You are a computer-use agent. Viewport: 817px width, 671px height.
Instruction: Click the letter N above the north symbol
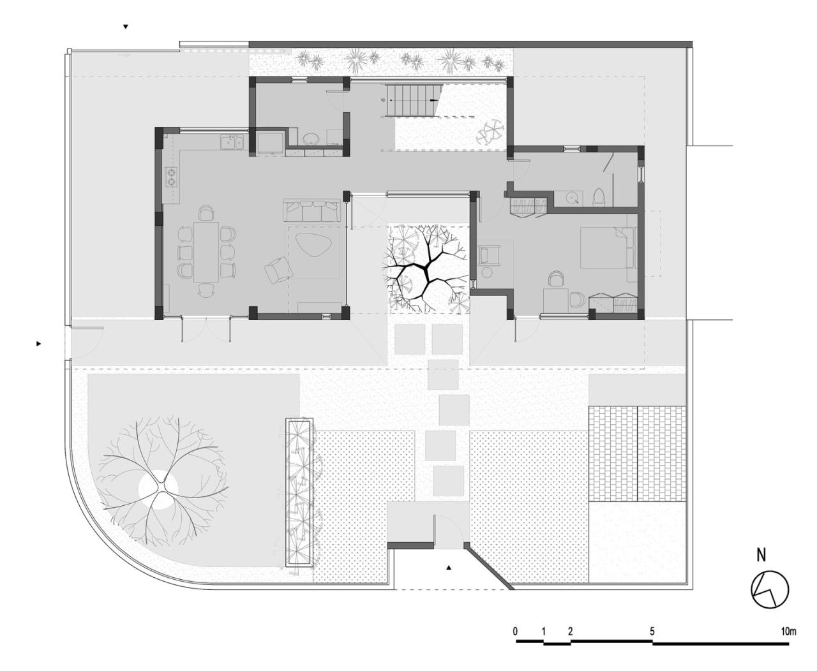pos(761,556)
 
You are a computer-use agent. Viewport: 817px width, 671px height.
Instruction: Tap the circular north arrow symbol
pos(770,589)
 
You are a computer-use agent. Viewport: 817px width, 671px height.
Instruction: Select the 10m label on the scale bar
pos(789,631)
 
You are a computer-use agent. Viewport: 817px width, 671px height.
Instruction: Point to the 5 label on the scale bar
pos(652,631)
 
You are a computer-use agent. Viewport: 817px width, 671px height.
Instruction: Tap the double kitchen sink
pos(232,142)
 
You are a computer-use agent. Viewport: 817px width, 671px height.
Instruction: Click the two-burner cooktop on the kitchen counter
pos(171,175)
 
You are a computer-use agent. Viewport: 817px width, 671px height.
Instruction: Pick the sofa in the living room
pos(312,211)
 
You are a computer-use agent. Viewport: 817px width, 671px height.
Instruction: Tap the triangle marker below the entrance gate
pos(449,566)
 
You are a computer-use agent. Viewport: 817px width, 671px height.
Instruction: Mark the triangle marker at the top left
pos(126,27)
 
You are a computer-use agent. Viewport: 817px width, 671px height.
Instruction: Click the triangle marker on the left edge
pos(39,343)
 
